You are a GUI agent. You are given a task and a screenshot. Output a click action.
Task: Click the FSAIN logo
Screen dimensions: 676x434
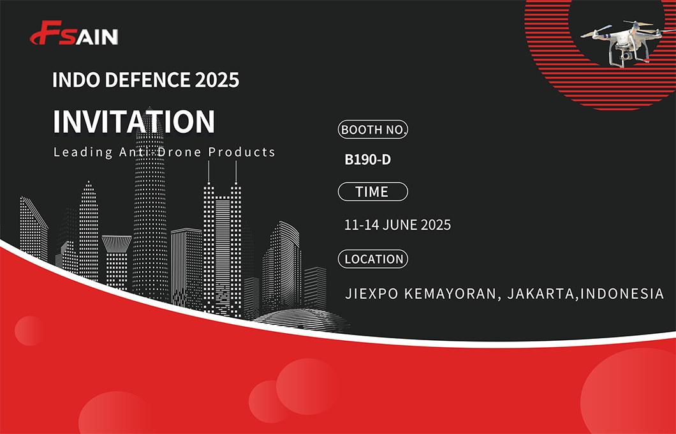click(x=74, y=33)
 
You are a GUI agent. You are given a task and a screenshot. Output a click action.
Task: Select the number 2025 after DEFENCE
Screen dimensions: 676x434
click(x=217, y=80)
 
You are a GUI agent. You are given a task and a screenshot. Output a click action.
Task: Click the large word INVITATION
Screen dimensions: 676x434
click(x=134, y=121)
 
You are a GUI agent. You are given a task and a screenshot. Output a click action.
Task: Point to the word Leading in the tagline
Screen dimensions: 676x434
click(x=83, y=153)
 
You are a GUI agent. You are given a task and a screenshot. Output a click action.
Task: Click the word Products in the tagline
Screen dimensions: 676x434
click(x=242, y=152)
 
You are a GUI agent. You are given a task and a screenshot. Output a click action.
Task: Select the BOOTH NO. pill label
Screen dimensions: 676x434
click(x=373, y=130)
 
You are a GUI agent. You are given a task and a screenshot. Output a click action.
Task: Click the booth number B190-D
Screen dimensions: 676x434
click(x=368, y=160)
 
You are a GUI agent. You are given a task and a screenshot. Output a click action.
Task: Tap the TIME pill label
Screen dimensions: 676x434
click(x=373, y=191)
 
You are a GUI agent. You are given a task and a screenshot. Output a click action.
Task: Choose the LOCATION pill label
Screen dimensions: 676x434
click(x=373, y=259)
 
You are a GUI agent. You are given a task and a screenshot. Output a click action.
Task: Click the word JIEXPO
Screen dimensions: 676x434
click(x=372, y=294)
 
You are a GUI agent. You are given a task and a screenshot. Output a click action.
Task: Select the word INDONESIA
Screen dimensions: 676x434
click(x=622, y=294)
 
